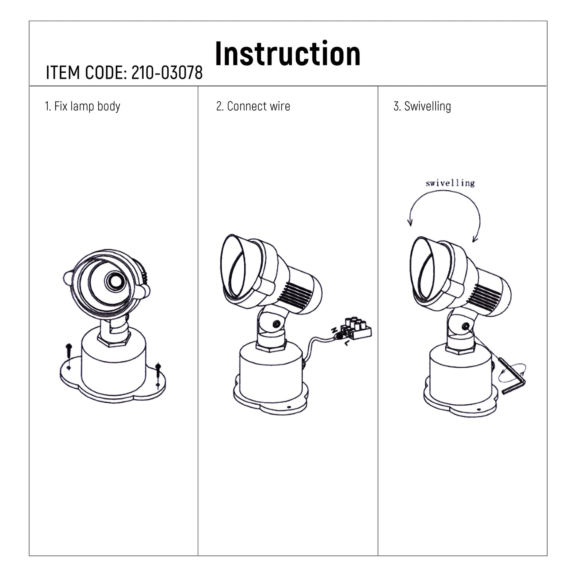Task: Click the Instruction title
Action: pos(287,53)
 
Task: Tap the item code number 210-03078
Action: pos(167,72)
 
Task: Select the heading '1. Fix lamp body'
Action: pos(83,106)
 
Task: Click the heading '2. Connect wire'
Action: pos(253,106)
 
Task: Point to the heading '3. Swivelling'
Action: pos(422,106)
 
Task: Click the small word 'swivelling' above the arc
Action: pos(450,183)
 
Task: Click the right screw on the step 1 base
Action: pos(158,375)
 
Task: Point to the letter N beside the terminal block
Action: pos(334,330)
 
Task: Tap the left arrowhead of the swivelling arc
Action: pos(410,222)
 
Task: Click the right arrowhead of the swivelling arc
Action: pos(475,239)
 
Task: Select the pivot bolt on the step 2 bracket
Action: pos(277,324)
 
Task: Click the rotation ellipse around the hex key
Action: pos(512,373)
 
